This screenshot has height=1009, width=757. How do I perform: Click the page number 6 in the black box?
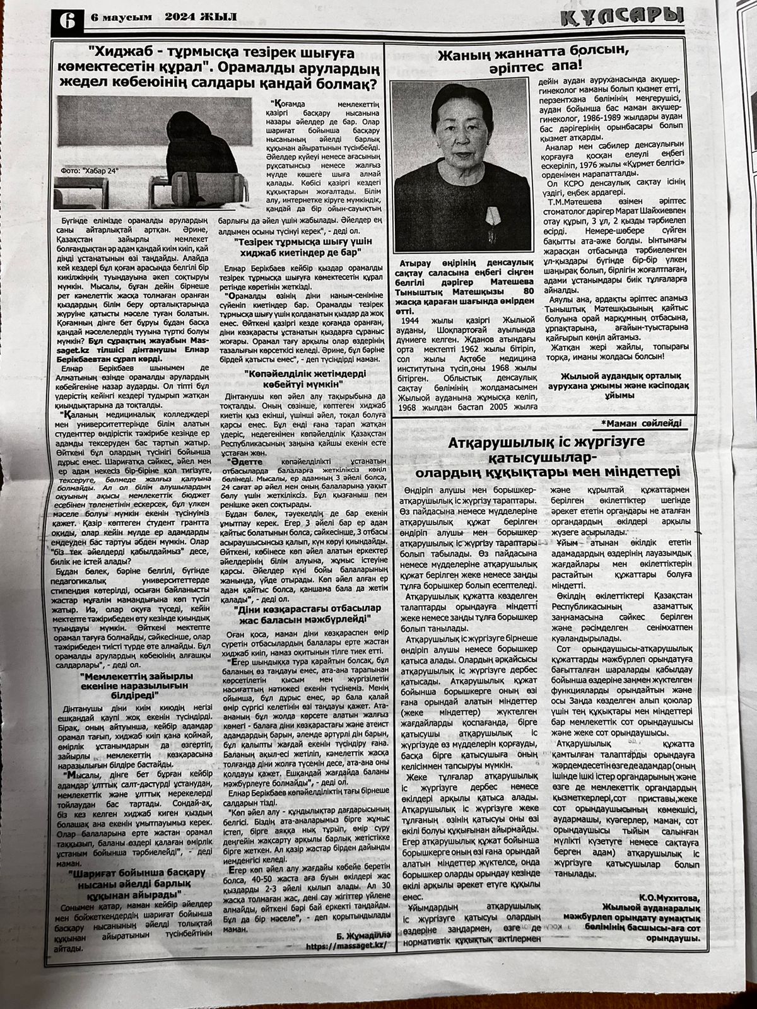point(65,21)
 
